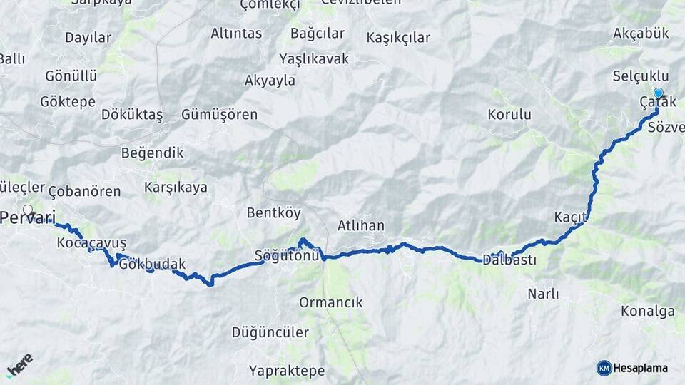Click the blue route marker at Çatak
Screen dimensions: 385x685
coord(658,93)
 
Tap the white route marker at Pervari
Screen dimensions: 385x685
coord(28,210)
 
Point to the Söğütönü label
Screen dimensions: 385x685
coord(285,256)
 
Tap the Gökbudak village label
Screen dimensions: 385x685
coord(153,265)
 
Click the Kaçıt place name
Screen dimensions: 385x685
coord(570,216)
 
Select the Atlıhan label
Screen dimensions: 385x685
coord(360,226)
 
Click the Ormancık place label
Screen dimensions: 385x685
coord(330,302)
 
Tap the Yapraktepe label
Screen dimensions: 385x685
coord(287,371)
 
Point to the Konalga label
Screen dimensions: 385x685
coord(647,311)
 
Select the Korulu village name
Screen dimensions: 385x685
coord(509,114)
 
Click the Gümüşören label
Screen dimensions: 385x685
coord(219,115)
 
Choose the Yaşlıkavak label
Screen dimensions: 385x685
coord(314,58)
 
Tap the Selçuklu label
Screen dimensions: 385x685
coord(641,76)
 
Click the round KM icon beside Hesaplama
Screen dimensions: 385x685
coord(604,368)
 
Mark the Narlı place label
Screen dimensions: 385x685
coord(543,294)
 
